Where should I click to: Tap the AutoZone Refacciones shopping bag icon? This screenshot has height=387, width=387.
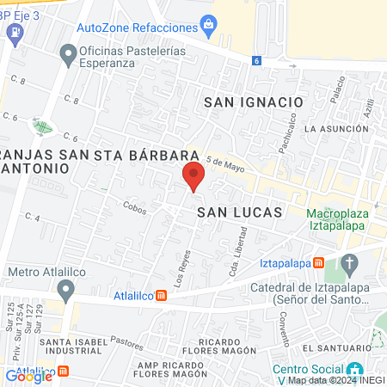coord(207,23)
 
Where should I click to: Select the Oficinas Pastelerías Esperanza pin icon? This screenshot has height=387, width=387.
coord(68,57)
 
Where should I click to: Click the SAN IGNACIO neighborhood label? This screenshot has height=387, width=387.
coord(254,101)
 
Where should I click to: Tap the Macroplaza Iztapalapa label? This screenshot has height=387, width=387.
coord(336,219)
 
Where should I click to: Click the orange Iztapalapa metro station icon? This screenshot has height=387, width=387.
coord(318,262)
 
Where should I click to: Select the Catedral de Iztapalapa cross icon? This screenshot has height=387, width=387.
coord(348,262)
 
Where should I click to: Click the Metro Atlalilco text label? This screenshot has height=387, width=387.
coord(42,273)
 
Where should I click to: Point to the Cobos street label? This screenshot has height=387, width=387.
coord(134,206)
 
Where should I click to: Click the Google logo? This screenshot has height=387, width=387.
coord(29,376)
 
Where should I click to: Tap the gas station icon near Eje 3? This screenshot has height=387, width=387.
coord(14,33)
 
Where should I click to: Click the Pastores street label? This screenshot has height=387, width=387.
coord(126,342)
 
